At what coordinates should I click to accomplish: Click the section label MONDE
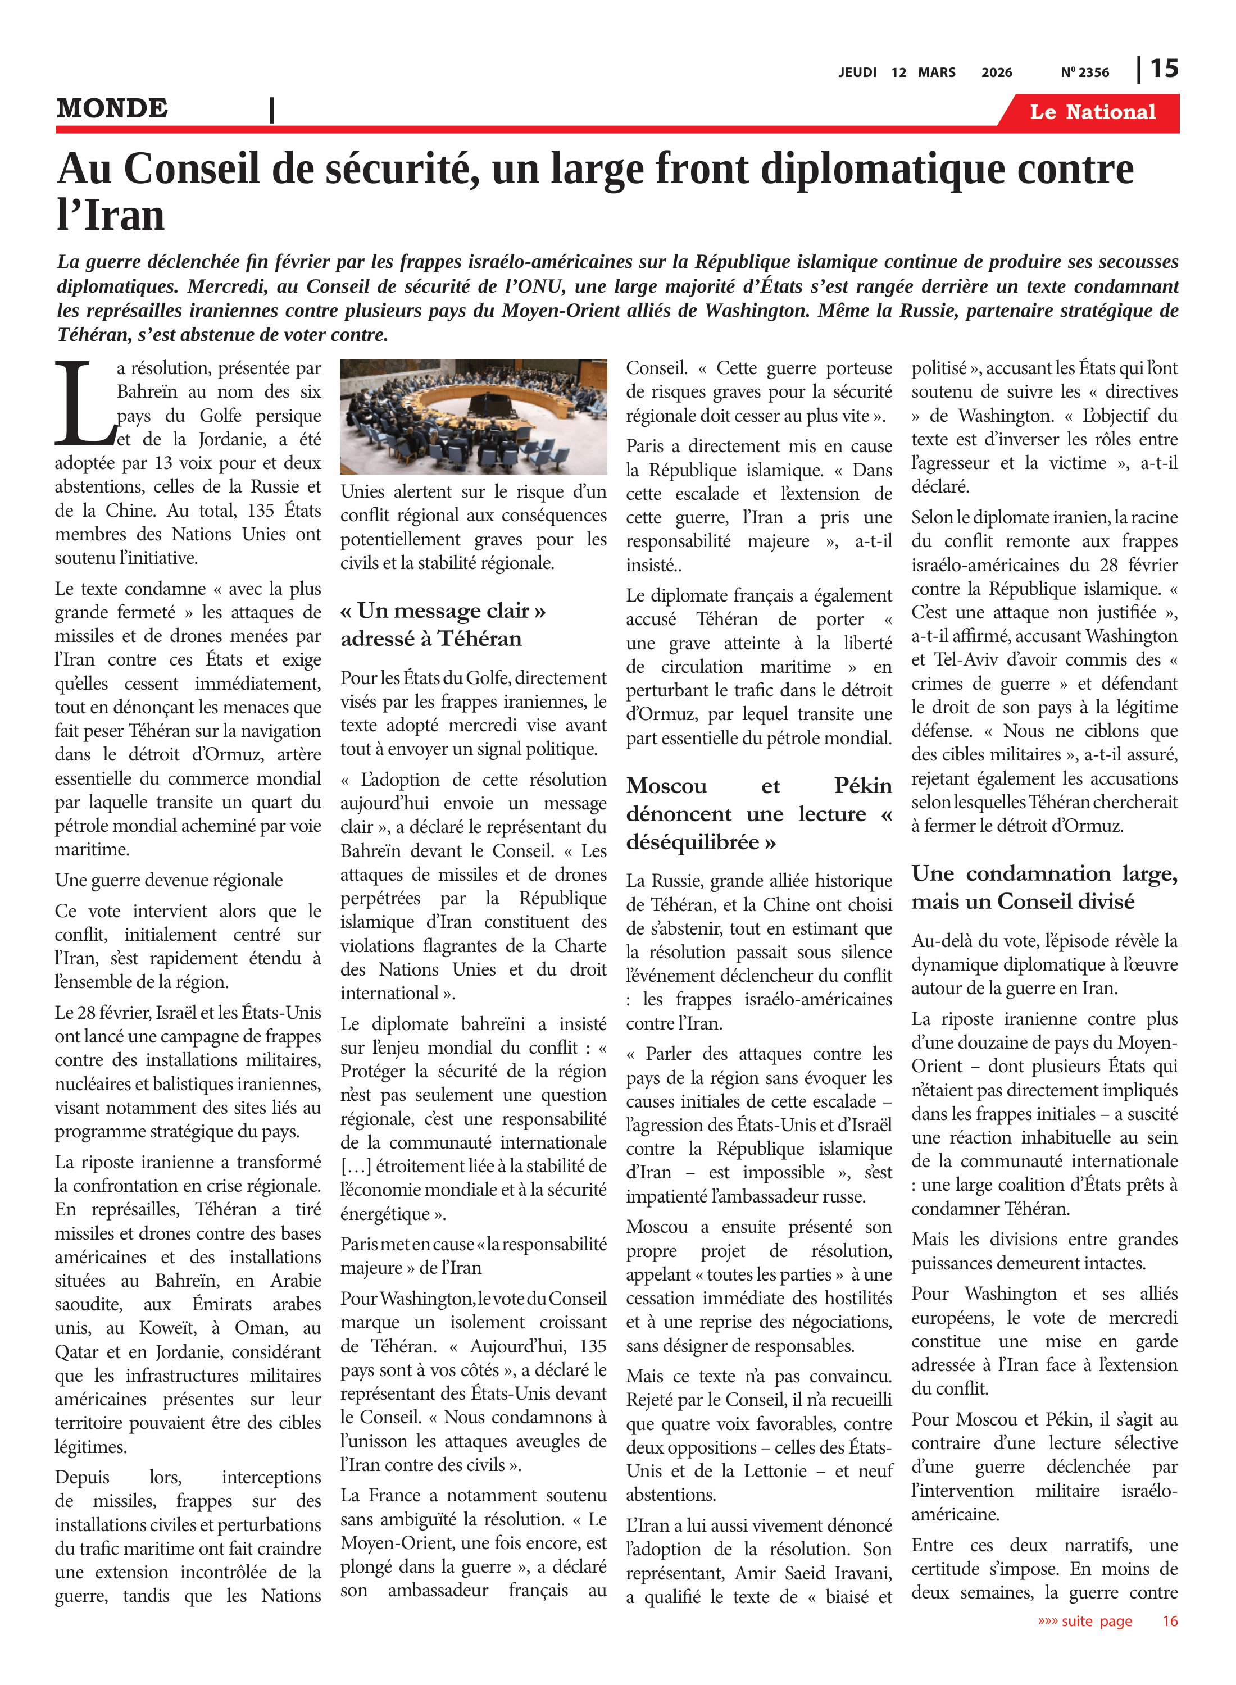(112, 108)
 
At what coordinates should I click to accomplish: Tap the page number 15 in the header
(1164, 69)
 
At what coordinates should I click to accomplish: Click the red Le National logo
(1092, 112)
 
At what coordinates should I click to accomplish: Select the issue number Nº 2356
(1085, 72)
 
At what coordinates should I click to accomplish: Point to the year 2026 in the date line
(997, 72)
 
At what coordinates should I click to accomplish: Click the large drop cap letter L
(84, 404)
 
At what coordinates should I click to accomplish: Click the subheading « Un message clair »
(443, 611)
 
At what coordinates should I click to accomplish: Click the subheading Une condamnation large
(1044, 873)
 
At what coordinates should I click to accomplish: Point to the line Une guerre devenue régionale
(169, 880)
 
